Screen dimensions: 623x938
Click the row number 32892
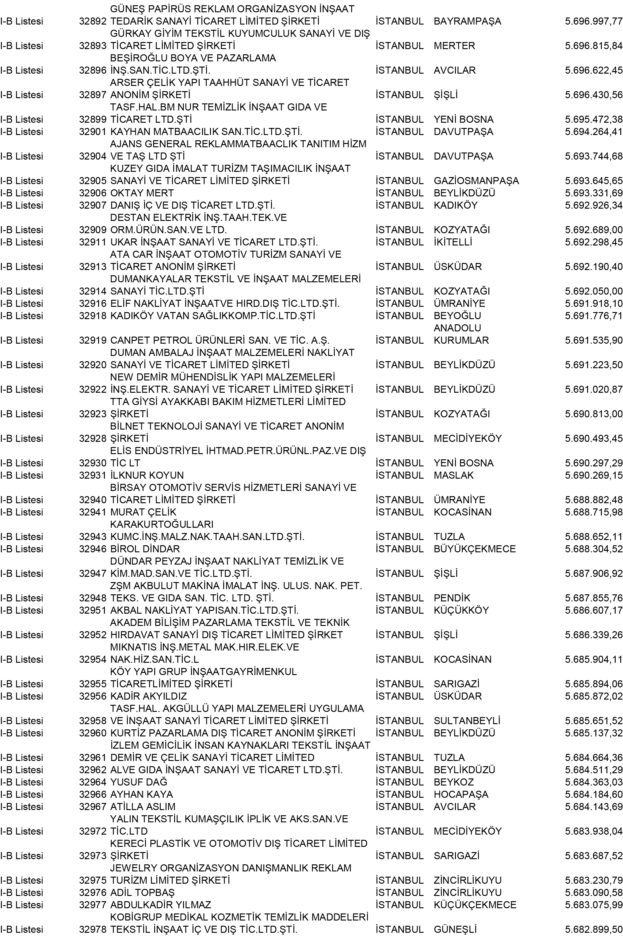(x=93, y=21)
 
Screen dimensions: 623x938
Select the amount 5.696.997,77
(x=593, y=21)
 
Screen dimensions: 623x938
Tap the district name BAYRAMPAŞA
(x=467, y=21)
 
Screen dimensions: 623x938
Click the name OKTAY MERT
(x=142, y=193)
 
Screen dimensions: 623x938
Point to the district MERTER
(x=454, y=46)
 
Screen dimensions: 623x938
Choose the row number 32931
(x=93, y=476)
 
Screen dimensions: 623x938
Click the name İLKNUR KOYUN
(x=147, y=476)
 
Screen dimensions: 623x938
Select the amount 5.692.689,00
(x=593, y=230)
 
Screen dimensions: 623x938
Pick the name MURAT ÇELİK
(x=143, y=512)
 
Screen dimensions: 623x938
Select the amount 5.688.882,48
(x=593, y=500)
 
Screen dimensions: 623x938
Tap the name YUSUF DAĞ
(x=139, y=782)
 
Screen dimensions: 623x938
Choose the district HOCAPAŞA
(x=461, y=794)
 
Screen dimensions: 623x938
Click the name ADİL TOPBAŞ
(x=142, y=905)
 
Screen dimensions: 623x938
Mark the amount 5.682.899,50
(x=593, y=930)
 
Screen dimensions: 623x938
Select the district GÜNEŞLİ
(x=455, y=930)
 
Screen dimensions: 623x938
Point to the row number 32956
(x=93, y=696)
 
